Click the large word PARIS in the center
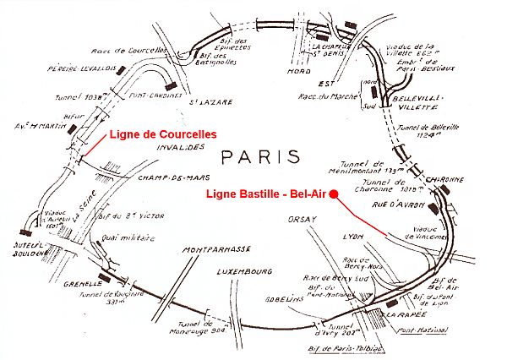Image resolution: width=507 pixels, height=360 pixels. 259,157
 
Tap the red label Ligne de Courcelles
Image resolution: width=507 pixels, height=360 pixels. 161,134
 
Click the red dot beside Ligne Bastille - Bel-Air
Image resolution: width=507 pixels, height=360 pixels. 334,194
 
